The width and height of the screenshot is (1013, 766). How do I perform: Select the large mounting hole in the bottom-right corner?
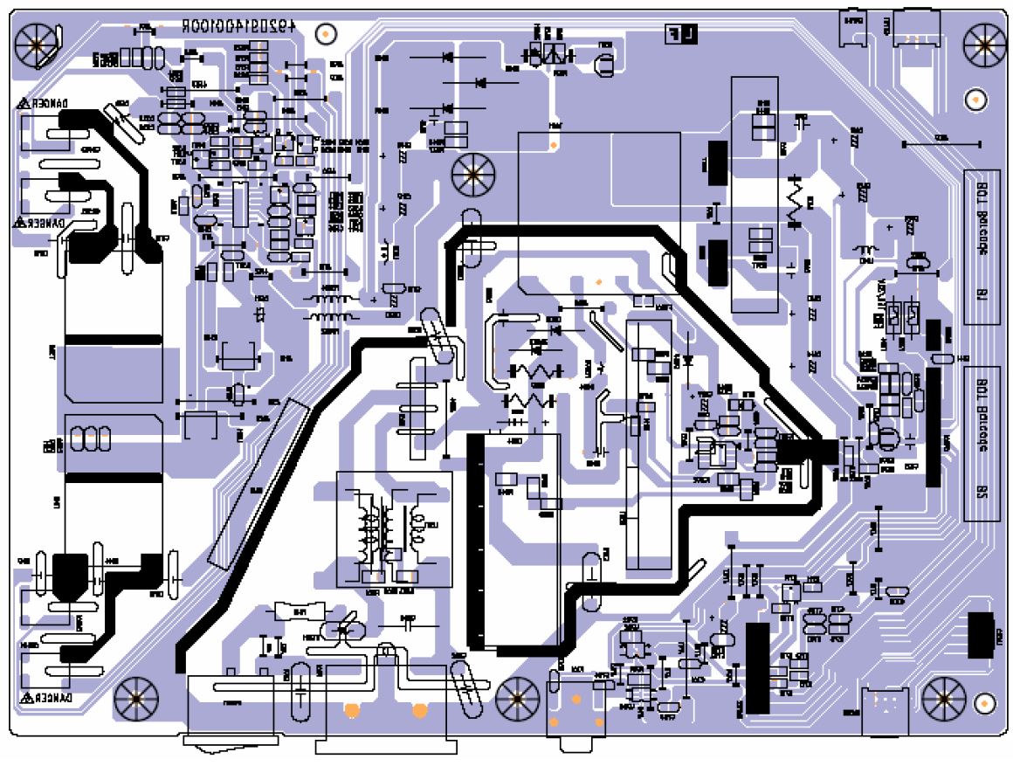pyautogui.click(x=942, y=699)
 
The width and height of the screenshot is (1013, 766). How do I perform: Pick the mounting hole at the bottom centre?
pyautogui.click(x=515, y=699)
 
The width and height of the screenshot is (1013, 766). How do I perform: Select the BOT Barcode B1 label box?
pyautogui.click(x=982, y=246)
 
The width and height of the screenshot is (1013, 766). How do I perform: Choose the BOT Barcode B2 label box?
pyautogui.click(x=982, y=444)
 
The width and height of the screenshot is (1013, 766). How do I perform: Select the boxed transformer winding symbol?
pyautogui.click(x=395, y=528)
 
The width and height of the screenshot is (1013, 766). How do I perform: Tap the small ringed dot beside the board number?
pyautogui.click(x=325, y=33)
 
